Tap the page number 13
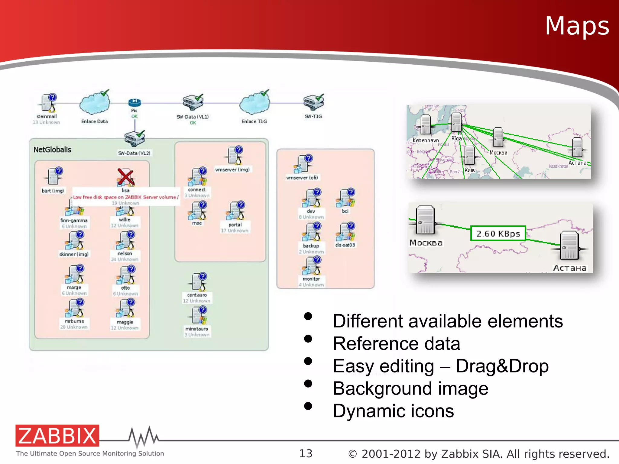click(x=306, y=453)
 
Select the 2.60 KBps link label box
click(x=498, y=234)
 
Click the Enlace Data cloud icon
click(x=95, y=103)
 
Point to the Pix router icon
click(x=134, y=102)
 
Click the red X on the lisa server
click(x=125, y=177)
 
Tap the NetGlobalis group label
click(x=52, y=150)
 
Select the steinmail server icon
click(x=48, y=103)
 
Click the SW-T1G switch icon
click(x=313, y=102)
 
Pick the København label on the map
click(x=426, y=140)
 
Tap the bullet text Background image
click(x=410, y=388)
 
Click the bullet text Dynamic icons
click(x=393, y=411)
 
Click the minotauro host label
click(x=197, y=329)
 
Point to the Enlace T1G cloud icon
click(x=254, y=103)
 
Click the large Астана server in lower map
click(x=569, y=245)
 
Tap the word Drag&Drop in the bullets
click(x=502, y=366)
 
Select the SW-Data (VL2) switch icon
click(x=134, y=139)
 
